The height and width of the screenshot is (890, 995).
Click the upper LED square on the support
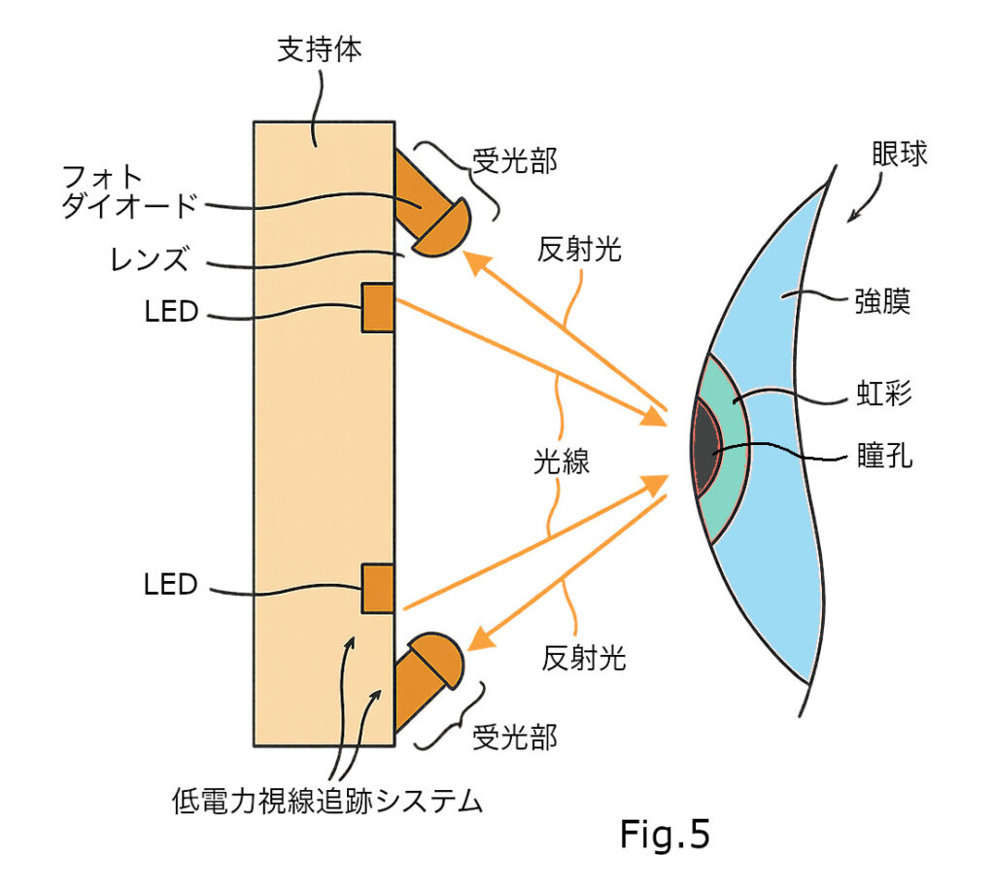[378, 307]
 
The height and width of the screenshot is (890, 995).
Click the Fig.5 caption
[666, 834]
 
